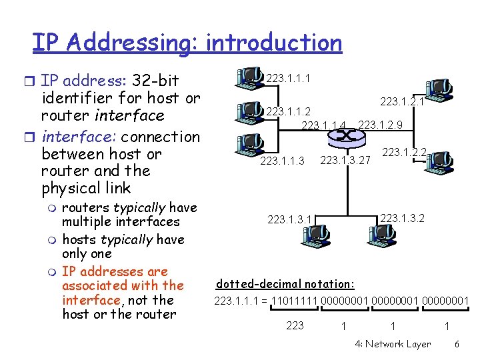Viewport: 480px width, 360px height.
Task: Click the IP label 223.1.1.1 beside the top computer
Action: [287, 79]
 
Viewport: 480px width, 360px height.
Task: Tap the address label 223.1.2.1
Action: [402, 102]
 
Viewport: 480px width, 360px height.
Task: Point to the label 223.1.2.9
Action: [380, 125]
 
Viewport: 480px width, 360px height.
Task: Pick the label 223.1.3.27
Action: [345, 160]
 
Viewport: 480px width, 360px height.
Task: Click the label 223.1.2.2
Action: [404, 153]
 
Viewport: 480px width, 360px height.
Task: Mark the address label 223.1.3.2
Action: [402, 218]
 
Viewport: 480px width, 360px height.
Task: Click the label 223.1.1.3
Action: [282, 161]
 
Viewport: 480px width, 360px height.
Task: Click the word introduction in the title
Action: [274, 43]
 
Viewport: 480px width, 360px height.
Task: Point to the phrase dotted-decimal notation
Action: [286, 283]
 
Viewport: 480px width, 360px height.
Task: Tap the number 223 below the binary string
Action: [294, 325]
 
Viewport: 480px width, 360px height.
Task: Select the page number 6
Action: [457, 345]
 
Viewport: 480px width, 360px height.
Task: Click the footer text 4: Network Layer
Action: [393, 345]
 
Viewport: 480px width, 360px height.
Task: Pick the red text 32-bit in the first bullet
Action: [155, 81]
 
